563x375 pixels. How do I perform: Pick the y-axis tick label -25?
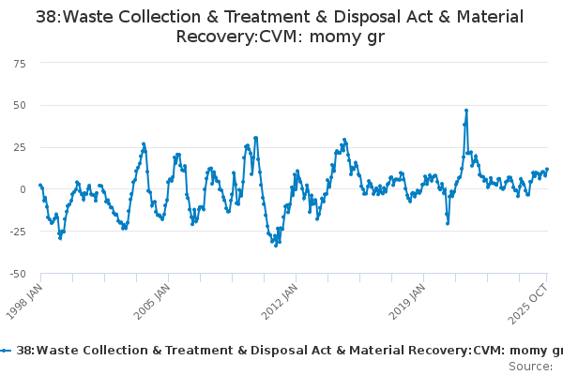pos(18,232)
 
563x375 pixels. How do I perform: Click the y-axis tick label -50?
pos(18,274)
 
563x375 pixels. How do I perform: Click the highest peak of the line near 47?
pos(466,111)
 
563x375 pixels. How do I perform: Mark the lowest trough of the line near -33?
pos(276,246)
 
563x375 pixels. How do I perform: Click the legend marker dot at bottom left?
pos(7,350)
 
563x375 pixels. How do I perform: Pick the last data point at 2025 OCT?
pos(547,170)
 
